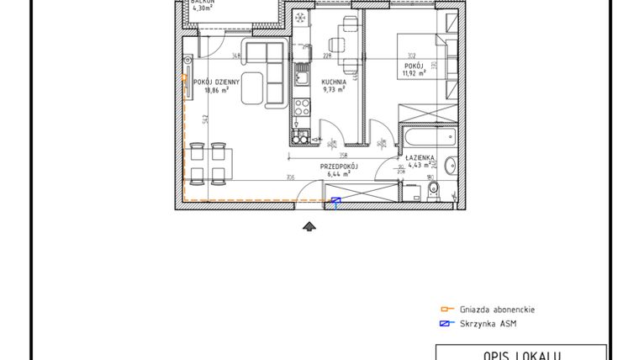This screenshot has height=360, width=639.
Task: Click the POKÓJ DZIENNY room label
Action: pos(217,82)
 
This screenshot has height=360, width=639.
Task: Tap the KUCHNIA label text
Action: pos(333,82)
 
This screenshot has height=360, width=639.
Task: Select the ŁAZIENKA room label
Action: pos(418,157)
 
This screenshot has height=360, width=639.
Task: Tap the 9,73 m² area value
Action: pos(333,90)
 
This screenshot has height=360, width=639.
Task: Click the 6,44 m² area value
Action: pos(338,175)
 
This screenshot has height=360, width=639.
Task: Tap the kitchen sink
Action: pos(299,81)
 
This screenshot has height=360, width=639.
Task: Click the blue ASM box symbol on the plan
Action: pos(335,201)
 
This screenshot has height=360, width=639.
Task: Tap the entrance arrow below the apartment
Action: pos(310,225)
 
